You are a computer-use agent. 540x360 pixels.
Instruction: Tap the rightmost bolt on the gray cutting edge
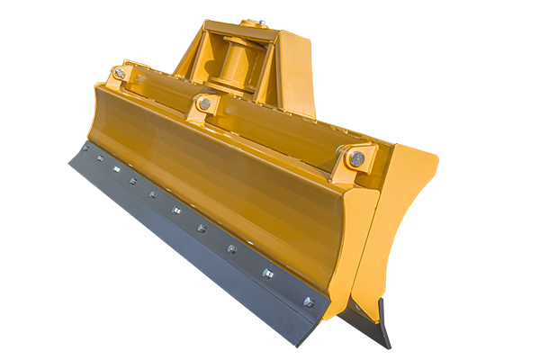point(308,301)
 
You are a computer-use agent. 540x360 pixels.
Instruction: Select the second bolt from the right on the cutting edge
point(267,273)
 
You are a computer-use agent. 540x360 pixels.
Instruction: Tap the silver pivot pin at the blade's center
point(205,104)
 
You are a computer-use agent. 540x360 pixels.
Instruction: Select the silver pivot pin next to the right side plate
point(357,159)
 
